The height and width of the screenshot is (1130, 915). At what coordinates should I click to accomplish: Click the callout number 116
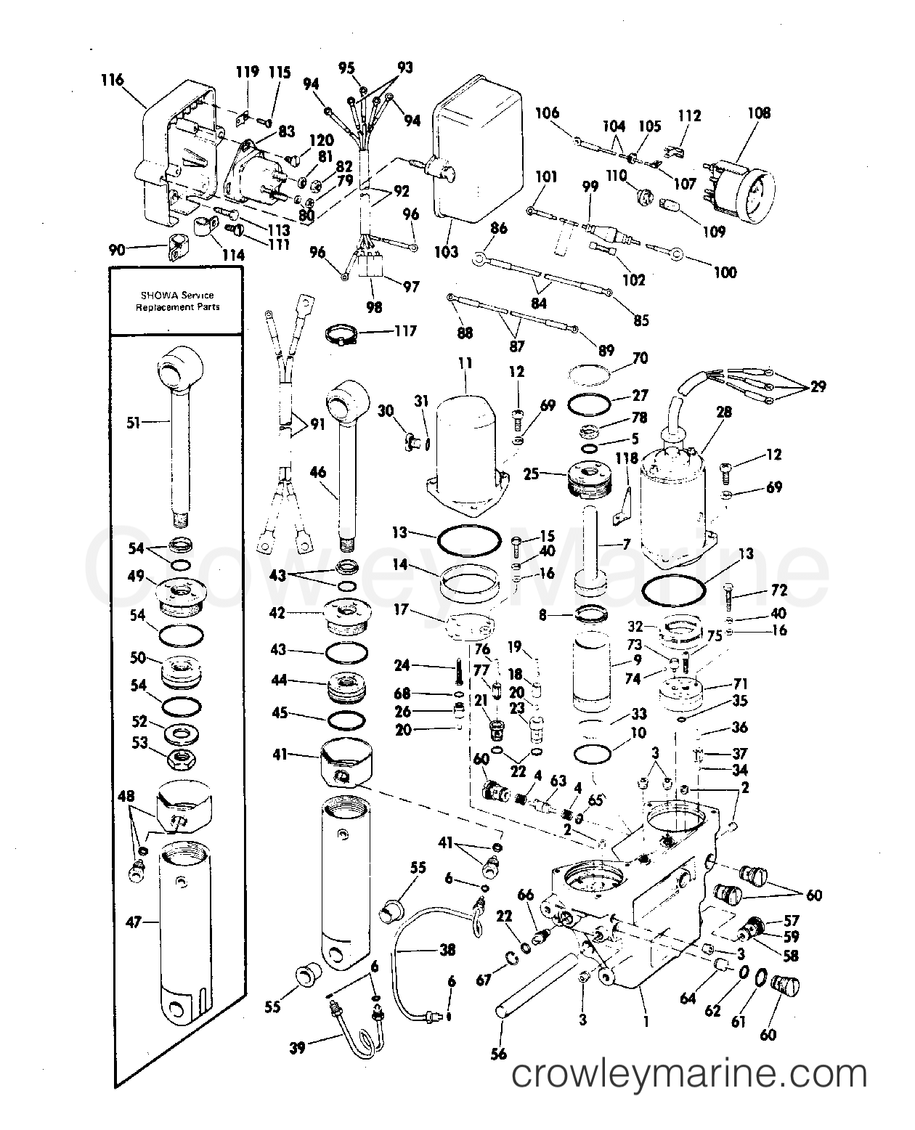click(x=113, y=81)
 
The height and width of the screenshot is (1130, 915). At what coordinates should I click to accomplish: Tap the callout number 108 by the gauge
click(x=759, y=113)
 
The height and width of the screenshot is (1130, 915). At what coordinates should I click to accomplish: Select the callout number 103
click(x=447, y=252)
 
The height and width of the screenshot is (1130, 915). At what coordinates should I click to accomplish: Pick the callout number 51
click(x=134, y=423)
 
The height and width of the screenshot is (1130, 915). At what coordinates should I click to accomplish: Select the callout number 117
click(x=405, y=331)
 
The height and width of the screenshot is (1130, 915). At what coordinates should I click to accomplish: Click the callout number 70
click(x=640, y=358)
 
